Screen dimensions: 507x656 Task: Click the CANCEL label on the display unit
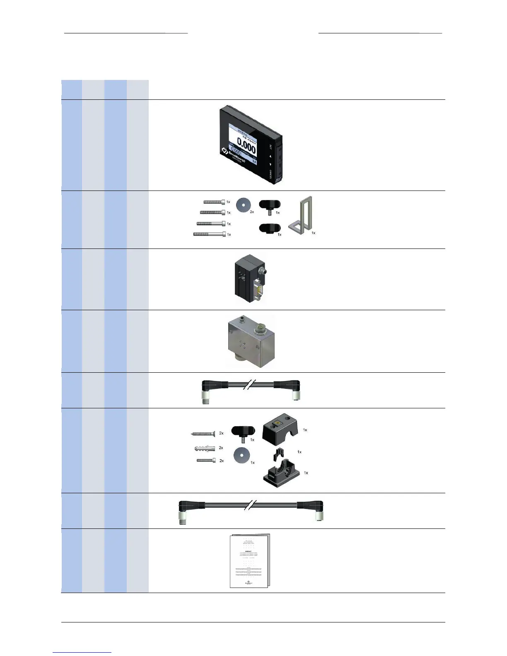point(270,174)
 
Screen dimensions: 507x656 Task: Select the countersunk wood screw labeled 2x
point(203,434)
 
